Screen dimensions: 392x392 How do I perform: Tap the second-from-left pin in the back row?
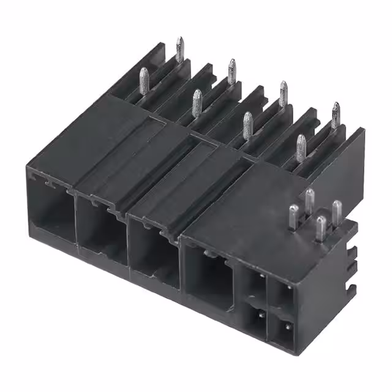click(x=232, y=71)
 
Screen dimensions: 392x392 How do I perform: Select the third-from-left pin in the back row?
click(x=283, y=93)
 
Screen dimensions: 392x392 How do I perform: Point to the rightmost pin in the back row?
click(x=335, y=115)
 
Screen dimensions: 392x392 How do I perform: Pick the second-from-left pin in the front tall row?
click(x=197, y=102)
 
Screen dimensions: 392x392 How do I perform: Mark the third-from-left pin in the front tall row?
click(x=248, y=124)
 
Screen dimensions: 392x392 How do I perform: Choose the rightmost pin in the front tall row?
click(x=301, y=147)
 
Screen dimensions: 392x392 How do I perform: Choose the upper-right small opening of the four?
click(x=284, y=295)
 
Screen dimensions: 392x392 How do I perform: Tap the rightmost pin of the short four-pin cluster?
click(x=336, y=212)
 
